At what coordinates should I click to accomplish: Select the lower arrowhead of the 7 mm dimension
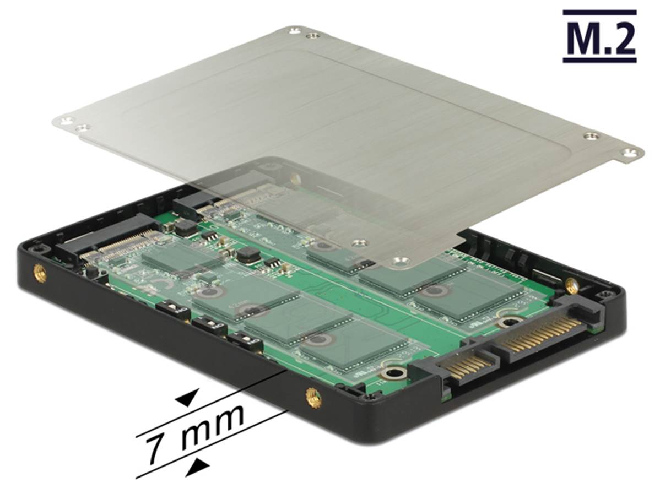click(199, 466)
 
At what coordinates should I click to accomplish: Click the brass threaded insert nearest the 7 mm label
click(313, 398)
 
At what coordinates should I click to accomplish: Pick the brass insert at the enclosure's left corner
click(40, 274)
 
